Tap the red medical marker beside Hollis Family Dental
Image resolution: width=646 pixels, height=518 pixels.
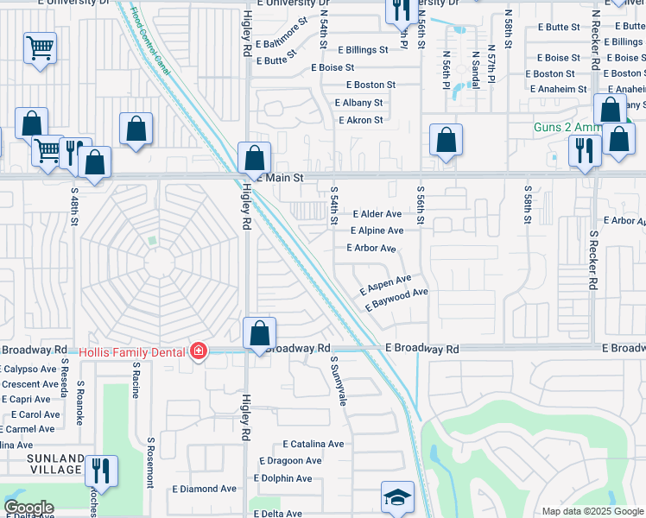[x=199, y=351]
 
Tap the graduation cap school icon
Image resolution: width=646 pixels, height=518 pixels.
[x=397, y=497]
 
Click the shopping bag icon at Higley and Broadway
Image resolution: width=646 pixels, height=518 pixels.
[x=259, y=334]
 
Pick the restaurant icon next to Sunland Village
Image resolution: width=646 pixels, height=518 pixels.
[x=101, y=471]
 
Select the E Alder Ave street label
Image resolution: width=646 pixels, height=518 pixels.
[x=377, y=214]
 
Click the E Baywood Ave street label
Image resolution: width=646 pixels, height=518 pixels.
[x=397, y=300]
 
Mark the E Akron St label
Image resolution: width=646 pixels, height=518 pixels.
[x=358, y=120]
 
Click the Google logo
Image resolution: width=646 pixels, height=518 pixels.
[x=28, y=508]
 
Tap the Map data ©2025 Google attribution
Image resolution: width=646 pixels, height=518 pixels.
[x=592, y=511]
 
